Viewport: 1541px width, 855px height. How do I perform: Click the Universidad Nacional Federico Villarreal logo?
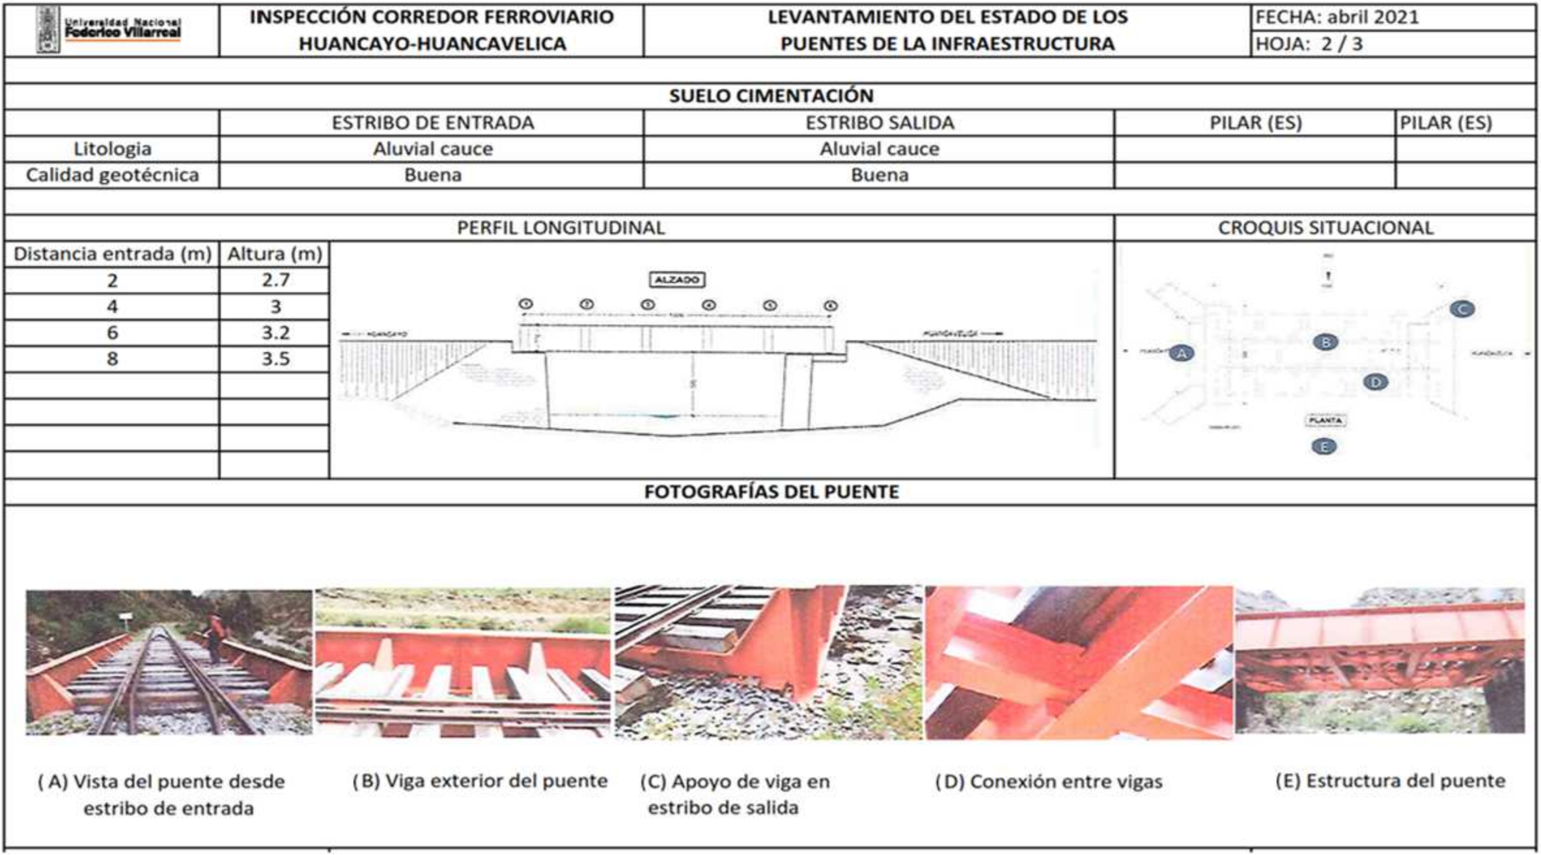pyautogui.click(x=109, y=30)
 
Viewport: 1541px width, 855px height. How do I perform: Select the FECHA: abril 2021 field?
pyautogui.click(x=1336, y=17)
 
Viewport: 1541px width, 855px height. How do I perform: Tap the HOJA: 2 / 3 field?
pyautogui.click(x=1309, y=44)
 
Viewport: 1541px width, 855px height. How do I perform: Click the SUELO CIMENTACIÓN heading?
pyautogui.click(x=771, y=96)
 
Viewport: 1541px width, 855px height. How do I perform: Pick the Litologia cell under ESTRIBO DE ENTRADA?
pyautogui.click(x=432, y=149)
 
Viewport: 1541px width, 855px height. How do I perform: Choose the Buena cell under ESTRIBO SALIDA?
pyautogui.click(x=879, y=175)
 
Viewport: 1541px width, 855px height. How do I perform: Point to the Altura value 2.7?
pyautogui.click(x=275, y=280)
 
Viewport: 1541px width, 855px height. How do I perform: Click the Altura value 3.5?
pyautogui.click(x=275, y=359)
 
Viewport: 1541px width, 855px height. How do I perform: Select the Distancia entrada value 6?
pyautogui.click(x=112, y=333)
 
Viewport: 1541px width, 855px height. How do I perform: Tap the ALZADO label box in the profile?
pyautogui.click(x=676, y=280)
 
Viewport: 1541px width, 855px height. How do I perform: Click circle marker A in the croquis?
pyautogui.click(x=1181, y=353)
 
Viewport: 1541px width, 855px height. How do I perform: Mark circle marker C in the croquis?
pyautogui.click(x=1462, y=309)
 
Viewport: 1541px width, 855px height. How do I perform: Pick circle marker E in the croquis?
pyautogui.click(x=1324, y=446)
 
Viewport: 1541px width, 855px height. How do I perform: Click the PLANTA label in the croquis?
pyautogui.click(x=1326, y=420)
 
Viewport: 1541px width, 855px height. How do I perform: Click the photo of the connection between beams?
pyautogui.click(x=1078, y=662)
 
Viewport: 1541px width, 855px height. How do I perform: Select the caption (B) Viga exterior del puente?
pyautogui.click(x=480, y=781)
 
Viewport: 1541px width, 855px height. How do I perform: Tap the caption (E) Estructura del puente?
pyautogui.click(x=1390, y=781)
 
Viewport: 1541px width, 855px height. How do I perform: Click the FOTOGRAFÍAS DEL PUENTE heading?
pyautogui.click(x=771, y=492)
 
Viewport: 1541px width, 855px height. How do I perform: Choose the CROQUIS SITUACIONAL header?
pyautogui.click(x=1325, y=228)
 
